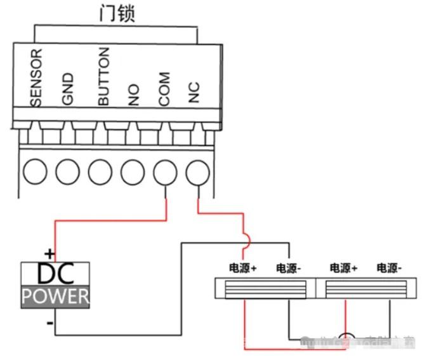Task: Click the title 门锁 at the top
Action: coord(117,14)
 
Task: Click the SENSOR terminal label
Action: coord(36,78)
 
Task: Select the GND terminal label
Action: coord(68,88)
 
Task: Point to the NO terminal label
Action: coord(133,95)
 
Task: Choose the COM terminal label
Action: coord(164,89)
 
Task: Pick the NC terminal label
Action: coord(195,93)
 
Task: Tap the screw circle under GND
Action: coord(68,171)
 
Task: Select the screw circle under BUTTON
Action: coord(100,171)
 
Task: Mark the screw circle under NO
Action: coord(133,171)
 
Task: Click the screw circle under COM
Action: coord(166,171)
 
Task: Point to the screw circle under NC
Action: coord(198,171)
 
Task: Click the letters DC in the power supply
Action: coord(56,274)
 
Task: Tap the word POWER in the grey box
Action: coord(56,296)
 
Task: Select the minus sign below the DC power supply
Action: coord(49,323)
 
